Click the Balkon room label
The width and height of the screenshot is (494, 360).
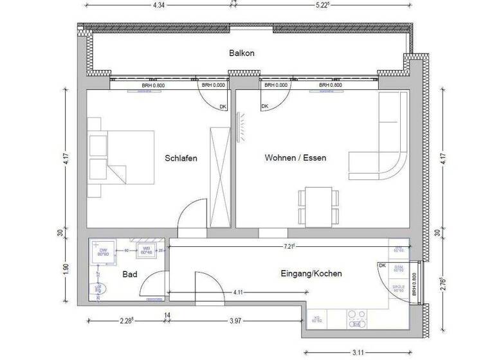pos(242,53)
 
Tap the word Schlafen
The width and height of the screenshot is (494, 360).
pos(181,157)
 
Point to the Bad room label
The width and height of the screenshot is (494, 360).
pos(130,274)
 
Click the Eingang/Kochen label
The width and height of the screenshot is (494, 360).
pos(311,273)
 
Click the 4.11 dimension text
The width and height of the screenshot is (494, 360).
pos(238,293)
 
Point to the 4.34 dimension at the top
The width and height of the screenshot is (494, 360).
pos(160,6)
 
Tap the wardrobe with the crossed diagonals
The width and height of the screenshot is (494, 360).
pos(219,177)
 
